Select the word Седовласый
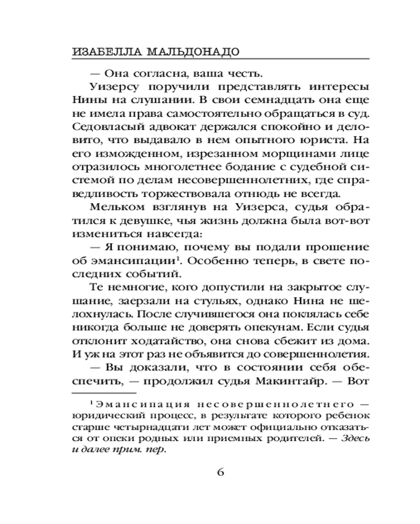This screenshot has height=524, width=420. pos(106,127)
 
